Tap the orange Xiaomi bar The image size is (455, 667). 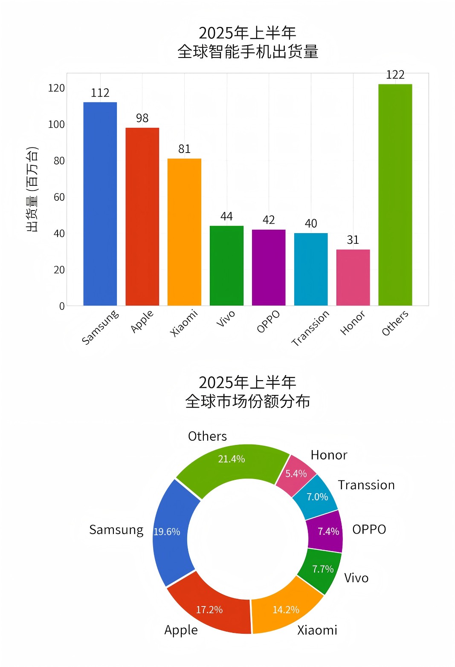pyautogui.click(x=184, y=232)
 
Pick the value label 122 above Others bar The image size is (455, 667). pyautogui.click(x=395, y=75)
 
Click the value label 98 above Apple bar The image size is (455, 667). pyautogui.click(x=142, y=118)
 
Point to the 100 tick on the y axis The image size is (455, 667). pyautogui.click(x=56, y=124)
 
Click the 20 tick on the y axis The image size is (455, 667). pyautogui.click(x=59, y=270)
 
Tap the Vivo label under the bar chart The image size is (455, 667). pyautogui.click(x=226, y=318)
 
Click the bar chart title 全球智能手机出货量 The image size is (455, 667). pyautogui.click(x=248, y=52)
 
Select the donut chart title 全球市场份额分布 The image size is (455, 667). pyautogui.click(x=248, y=401)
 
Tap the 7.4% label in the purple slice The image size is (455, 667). pyautogui.click(x=328, y=531)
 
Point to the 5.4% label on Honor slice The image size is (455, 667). pyautogui.click(x=296, y=474)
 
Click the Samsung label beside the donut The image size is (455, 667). pyautogui.click(x=116, y=530)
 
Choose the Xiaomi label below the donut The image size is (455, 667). pyautogui.click(x=317, y=630)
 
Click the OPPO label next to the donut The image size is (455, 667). pyautogui.click(x=369, y=529)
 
